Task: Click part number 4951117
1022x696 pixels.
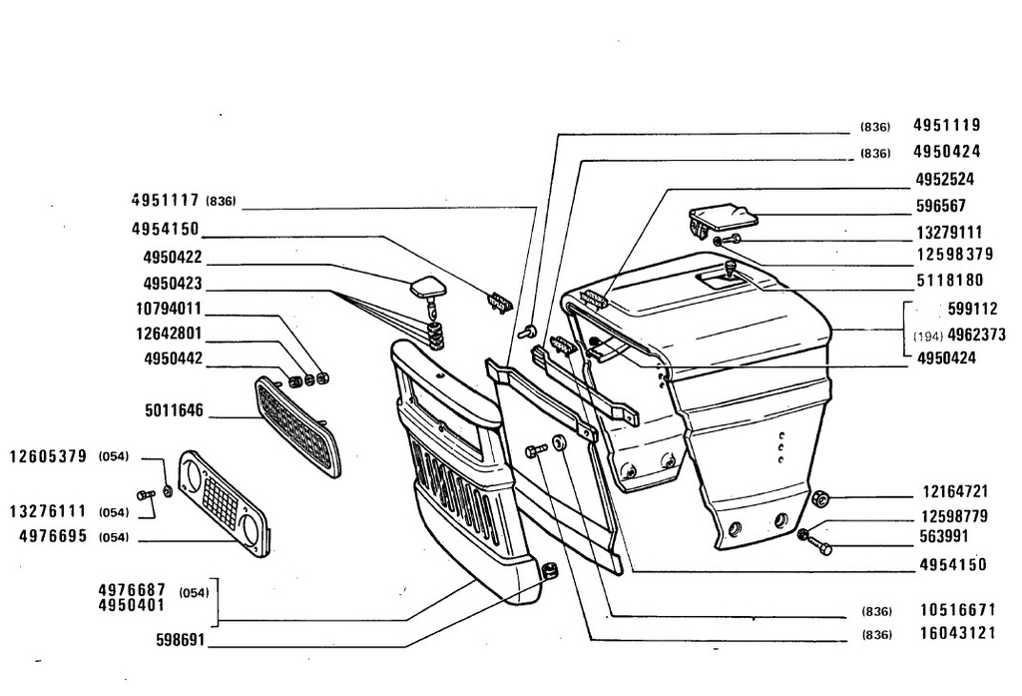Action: (x=165, y=201)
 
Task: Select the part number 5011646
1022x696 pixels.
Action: (x=174, y=411)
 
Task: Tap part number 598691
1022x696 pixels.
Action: (x=181, y=640)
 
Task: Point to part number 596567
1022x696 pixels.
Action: (x=940, y=206)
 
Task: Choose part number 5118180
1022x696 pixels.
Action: (x=950, y=281)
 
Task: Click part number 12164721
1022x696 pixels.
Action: (x=955, y=491)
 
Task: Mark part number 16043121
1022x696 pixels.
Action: (x=958, y=633)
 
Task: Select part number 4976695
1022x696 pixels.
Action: (x=53, y=536)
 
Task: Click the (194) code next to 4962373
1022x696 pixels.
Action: (x=928, y=337)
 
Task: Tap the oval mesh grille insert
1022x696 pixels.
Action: (x=297, y=426)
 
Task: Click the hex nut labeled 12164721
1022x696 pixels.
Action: (x=820, y=499)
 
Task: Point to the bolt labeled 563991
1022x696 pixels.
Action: (x=820, y=546)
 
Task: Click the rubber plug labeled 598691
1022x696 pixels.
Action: (x=551, y=571)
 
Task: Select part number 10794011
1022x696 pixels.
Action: (x=169, y=309)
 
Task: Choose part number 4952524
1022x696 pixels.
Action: (x=945, y=180)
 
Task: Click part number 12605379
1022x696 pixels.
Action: (x=48, y=456)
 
